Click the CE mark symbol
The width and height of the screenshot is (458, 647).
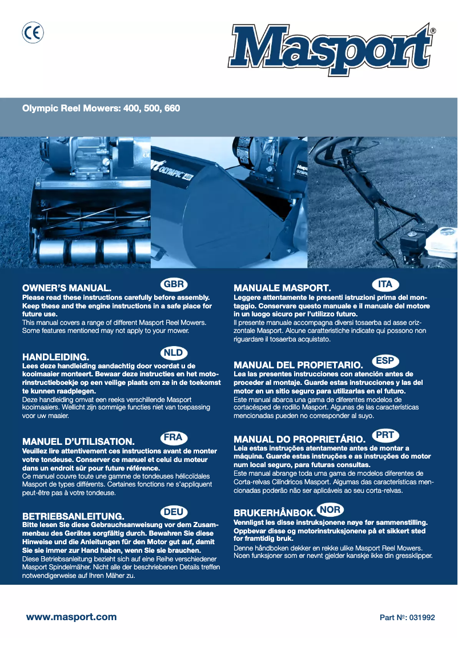[x=33, y=34]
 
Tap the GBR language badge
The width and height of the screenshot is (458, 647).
[x=174, y=284]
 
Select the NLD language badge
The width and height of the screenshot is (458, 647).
[x=174, y=353]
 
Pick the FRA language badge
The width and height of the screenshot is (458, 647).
[x=174, y=438]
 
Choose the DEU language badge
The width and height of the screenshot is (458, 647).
[x=174, y=512]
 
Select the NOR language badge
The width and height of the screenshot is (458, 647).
[x=330, y=509]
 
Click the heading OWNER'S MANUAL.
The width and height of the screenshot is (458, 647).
[x=66, y=289]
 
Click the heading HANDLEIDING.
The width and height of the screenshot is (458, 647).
[x=55, y=357]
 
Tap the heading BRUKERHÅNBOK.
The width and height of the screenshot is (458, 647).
[x=275, y=513]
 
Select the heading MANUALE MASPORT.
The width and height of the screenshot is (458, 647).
[x=283, y=289]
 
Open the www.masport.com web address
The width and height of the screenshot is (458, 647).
[x=71, y=617]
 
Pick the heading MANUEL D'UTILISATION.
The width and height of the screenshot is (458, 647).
[x=78, y=441]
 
